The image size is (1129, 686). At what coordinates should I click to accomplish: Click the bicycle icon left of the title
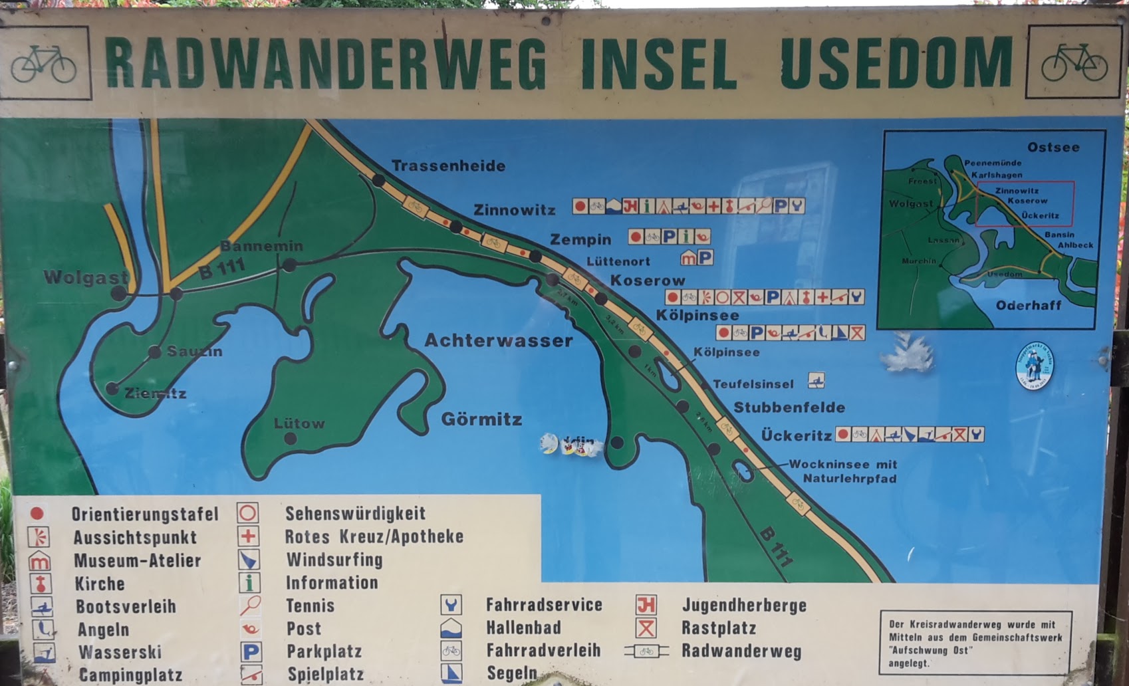[44, 63]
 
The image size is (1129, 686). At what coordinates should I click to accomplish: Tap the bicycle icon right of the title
[1074, 62]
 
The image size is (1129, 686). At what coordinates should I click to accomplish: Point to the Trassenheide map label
[448, 166]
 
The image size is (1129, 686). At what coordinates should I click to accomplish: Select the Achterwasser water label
[498, 340]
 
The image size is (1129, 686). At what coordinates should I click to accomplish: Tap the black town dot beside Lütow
[291, 439]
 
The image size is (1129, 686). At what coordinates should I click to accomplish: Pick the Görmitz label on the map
[481, 419]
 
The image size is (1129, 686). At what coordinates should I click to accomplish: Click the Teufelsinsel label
[753, 384]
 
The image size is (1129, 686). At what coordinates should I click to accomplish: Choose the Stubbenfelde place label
[789, 407]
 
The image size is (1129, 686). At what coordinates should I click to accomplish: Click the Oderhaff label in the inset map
[1029, 306]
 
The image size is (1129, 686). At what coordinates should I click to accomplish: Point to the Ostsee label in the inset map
[1053, 148]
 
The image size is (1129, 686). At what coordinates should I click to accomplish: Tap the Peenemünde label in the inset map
[993, 163]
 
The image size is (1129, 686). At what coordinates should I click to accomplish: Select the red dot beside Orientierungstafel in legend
[37, 513]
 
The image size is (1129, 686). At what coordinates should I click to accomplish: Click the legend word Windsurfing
[334, 560]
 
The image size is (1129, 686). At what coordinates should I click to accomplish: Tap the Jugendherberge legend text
[744, 605]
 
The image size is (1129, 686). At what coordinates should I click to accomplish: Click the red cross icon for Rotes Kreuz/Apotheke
[249, 536]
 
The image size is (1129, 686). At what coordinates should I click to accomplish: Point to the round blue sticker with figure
[1035, 366]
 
